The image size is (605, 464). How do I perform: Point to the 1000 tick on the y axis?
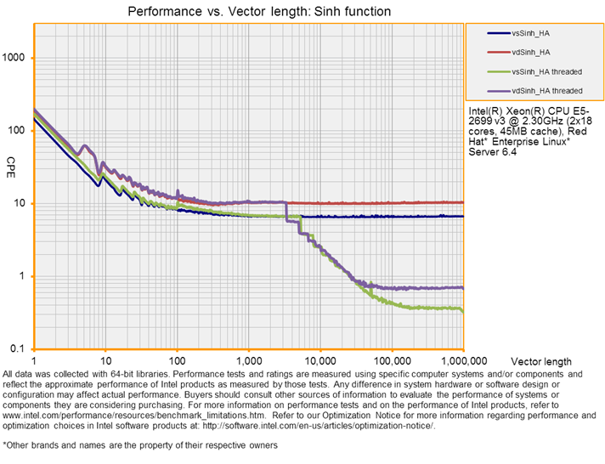coord(16,58)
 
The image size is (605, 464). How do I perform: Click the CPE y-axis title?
coord(11,161)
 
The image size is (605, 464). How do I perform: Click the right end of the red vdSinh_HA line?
coord(462,202)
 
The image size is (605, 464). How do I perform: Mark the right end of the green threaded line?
coord(462,311)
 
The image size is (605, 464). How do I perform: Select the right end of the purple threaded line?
coord(462,287)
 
